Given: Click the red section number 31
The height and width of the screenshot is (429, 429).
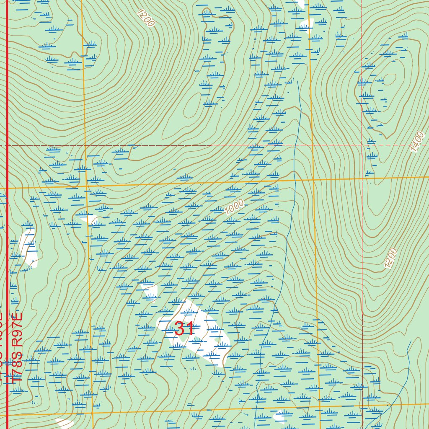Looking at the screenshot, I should pyautogui.click(x=184, y=328).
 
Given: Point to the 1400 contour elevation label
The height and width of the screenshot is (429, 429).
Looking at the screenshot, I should pyautogui.click(x=418, y=142).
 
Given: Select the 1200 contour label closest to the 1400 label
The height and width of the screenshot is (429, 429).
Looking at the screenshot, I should pyautogui.click(x=390, y=258).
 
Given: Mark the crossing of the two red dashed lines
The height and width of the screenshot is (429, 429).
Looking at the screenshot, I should pyautogui.click(x=362, y=145).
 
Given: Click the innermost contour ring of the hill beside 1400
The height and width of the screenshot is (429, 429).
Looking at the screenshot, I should pyautogui.click(x=390, y=78).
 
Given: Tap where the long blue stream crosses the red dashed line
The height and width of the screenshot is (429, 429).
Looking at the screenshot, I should pyautogui.click(x=295, y=145).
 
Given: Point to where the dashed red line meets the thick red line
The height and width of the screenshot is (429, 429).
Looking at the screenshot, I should pyautogui.click(x=8, y=145).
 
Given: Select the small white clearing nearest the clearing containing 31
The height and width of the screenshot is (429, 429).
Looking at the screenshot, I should pyautogui.click(x=149, y=291).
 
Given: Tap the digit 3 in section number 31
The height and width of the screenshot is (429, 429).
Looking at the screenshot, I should pyautogui.click(x=179, y=328).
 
